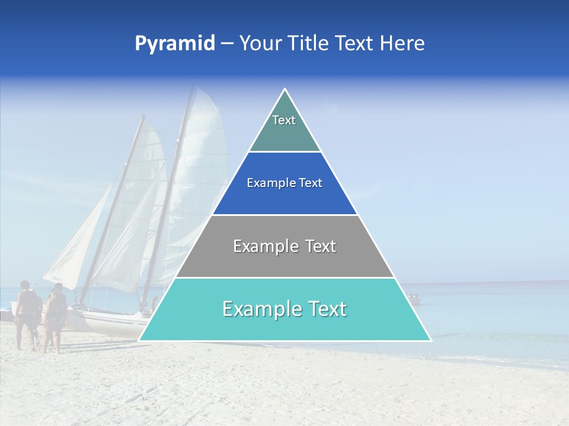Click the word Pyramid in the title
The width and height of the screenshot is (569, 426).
[x=175, y=44]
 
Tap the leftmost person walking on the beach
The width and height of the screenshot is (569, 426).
[x=26, y=314]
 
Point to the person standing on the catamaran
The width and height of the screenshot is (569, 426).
[x=154, y=305]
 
